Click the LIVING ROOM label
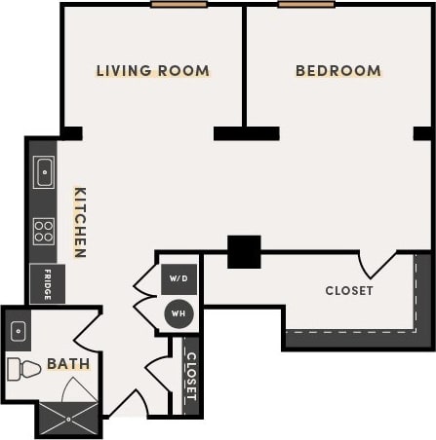pyautogui.click(x=152, y=71)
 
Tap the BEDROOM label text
pyautogui.click(x=337, y=71)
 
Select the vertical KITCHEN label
pyautogui.click(x=80, y=222)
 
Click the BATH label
pyautogui.click(x=68, y=364)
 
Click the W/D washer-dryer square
pyautogui.click(x=178, y=277)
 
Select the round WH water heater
pyautogui.click(x=178, y=312)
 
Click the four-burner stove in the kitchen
pyautogui.click(x=44, y=231)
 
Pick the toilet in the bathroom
pyautogui.click(x=22, y=369)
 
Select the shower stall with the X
pyautogui.click(x=68, y=420)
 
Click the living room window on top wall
pyautogui.click(x=178, y=4)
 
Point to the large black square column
pyautogui.click(x=244, y=251)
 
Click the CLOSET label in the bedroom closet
pyautogui.click(x=348, y=290)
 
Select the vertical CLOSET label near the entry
pyautogui.click(x=191, y=377)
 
